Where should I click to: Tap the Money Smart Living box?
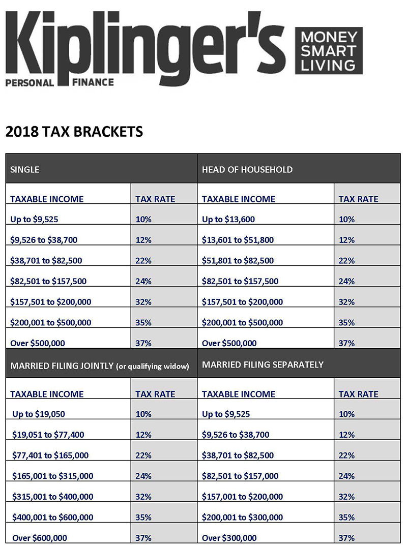point(329,51)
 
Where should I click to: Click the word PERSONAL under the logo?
point(30,83)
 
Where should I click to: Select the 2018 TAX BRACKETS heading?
point(74,132)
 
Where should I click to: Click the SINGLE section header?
point(24,169)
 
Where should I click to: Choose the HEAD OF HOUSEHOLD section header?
point(247,169)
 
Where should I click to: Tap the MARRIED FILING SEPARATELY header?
point(263,364)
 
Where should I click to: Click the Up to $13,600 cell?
point(228,220)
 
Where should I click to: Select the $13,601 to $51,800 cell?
point(239,240)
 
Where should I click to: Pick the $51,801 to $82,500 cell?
point(238,261)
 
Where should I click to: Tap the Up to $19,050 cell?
point(39,414)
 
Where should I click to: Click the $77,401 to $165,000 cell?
point(50,455)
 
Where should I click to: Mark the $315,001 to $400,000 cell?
point(52,497)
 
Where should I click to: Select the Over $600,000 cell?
point(40,538)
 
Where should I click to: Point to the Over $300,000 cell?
point(229,538)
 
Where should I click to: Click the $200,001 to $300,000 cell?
point(242,517)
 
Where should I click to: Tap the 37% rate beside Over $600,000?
point(143,538)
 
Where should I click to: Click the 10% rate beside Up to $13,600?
point(346,220)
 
